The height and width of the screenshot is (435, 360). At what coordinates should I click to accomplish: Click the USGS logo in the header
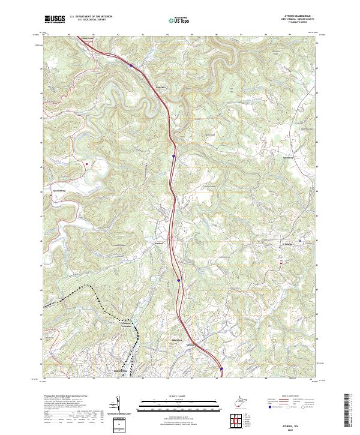pos(55,19)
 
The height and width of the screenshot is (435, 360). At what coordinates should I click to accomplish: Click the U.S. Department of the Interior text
pos(91,17)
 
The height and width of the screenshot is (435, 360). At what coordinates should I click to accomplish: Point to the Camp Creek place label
pos(89,37)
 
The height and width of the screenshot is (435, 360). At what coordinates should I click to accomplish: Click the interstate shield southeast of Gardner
pos(179,279)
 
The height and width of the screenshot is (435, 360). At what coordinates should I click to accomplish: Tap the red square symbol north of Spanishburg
pos(86,163)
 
